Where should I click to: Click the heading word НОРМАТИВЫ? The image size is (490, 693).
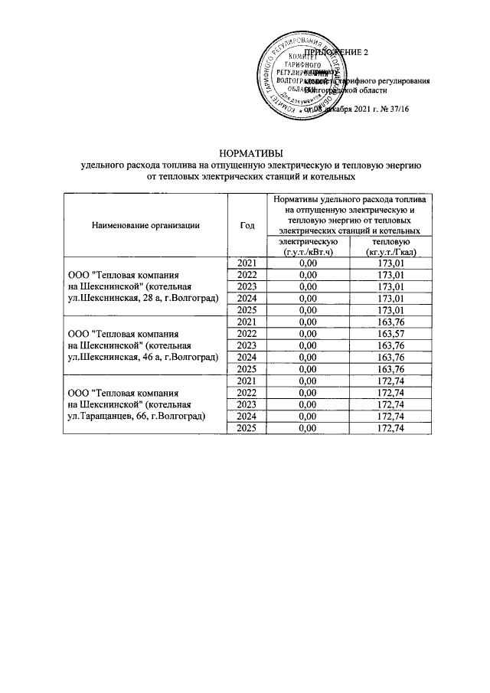(x=245, y=153)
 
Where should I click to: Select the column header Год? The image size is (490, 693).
(x=247, y=225)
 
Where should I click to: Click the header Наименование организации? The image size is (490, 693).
(x=145, y=225)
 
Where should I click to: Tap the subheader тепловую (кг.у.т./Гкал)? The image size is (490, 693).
(x=390, y=247)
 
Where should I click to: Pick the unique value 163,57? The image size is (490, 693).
(x=390, y=334)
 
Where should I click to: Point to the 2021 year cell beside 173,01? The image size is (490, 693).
(x=247, y=263)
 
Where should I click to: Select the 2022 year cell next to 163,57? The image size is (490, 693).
(x=247, y=334)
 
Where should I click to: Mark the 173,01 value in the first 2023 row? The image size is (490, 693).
(x=390, y=287)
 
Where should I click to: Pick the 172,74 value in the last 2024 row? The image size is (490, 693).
(x=390, y=416)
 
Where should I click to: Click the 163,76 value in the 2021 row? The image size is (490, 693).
(x=390, y=322)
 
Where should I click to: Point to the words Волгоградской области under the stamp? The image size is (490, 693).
(x=363, y=90)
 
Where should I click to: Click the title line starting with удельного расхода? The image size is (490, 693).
(x=245, y=165)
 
